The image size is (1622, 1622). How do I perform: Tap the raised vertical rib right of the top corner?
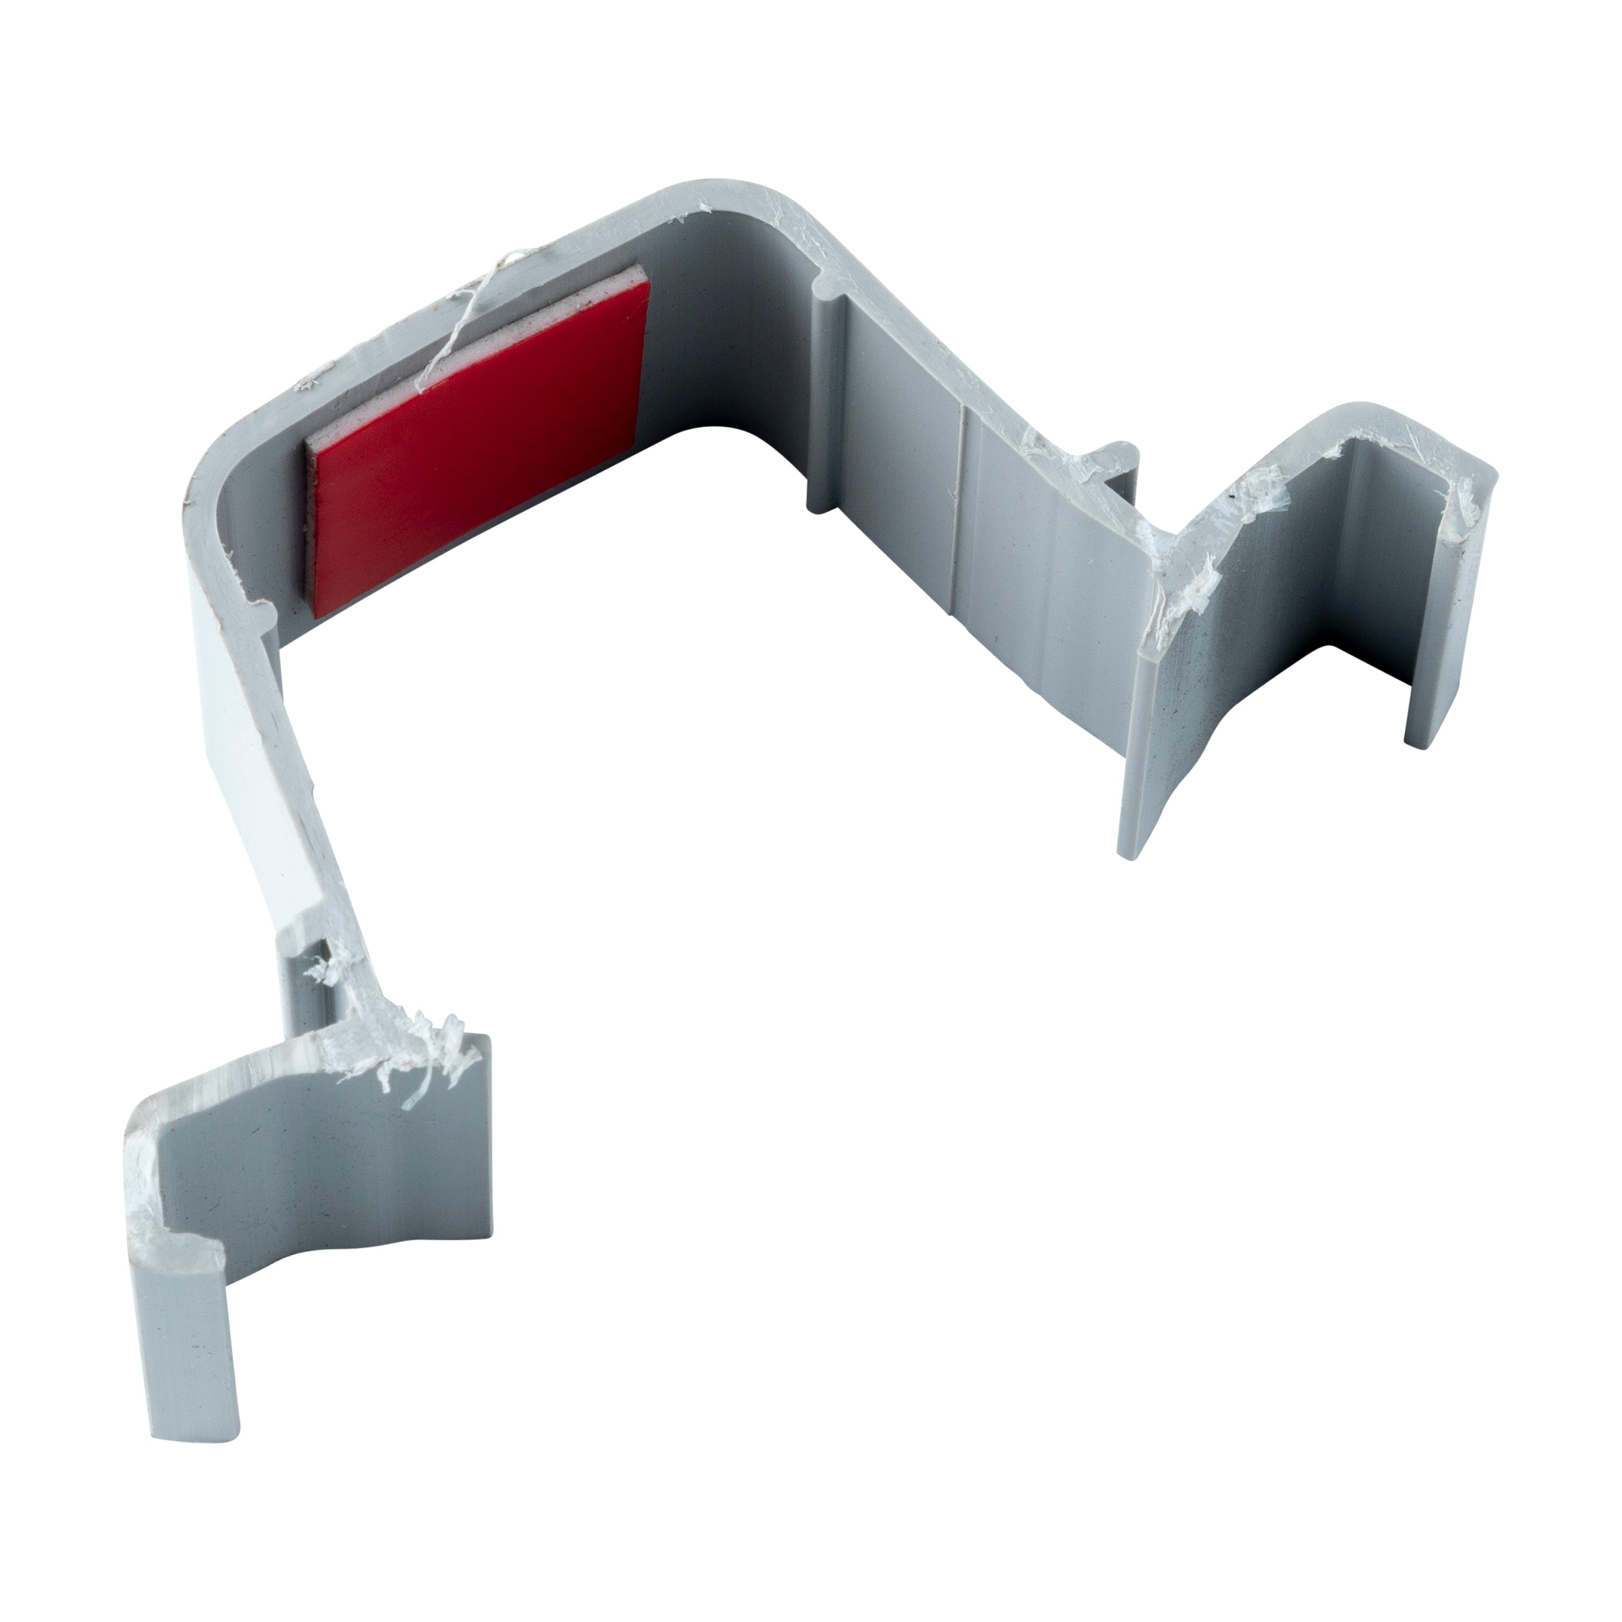click(x=827, y=403)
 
